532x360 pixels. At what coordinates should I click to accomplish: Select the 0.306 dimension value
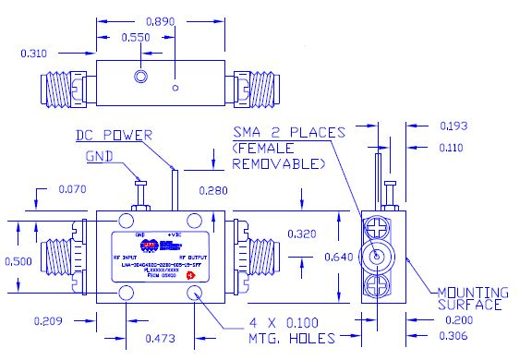(x=473, y=338)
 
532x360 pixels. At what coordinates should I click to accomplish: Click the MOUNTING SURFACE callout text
(x=470, y=295)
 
